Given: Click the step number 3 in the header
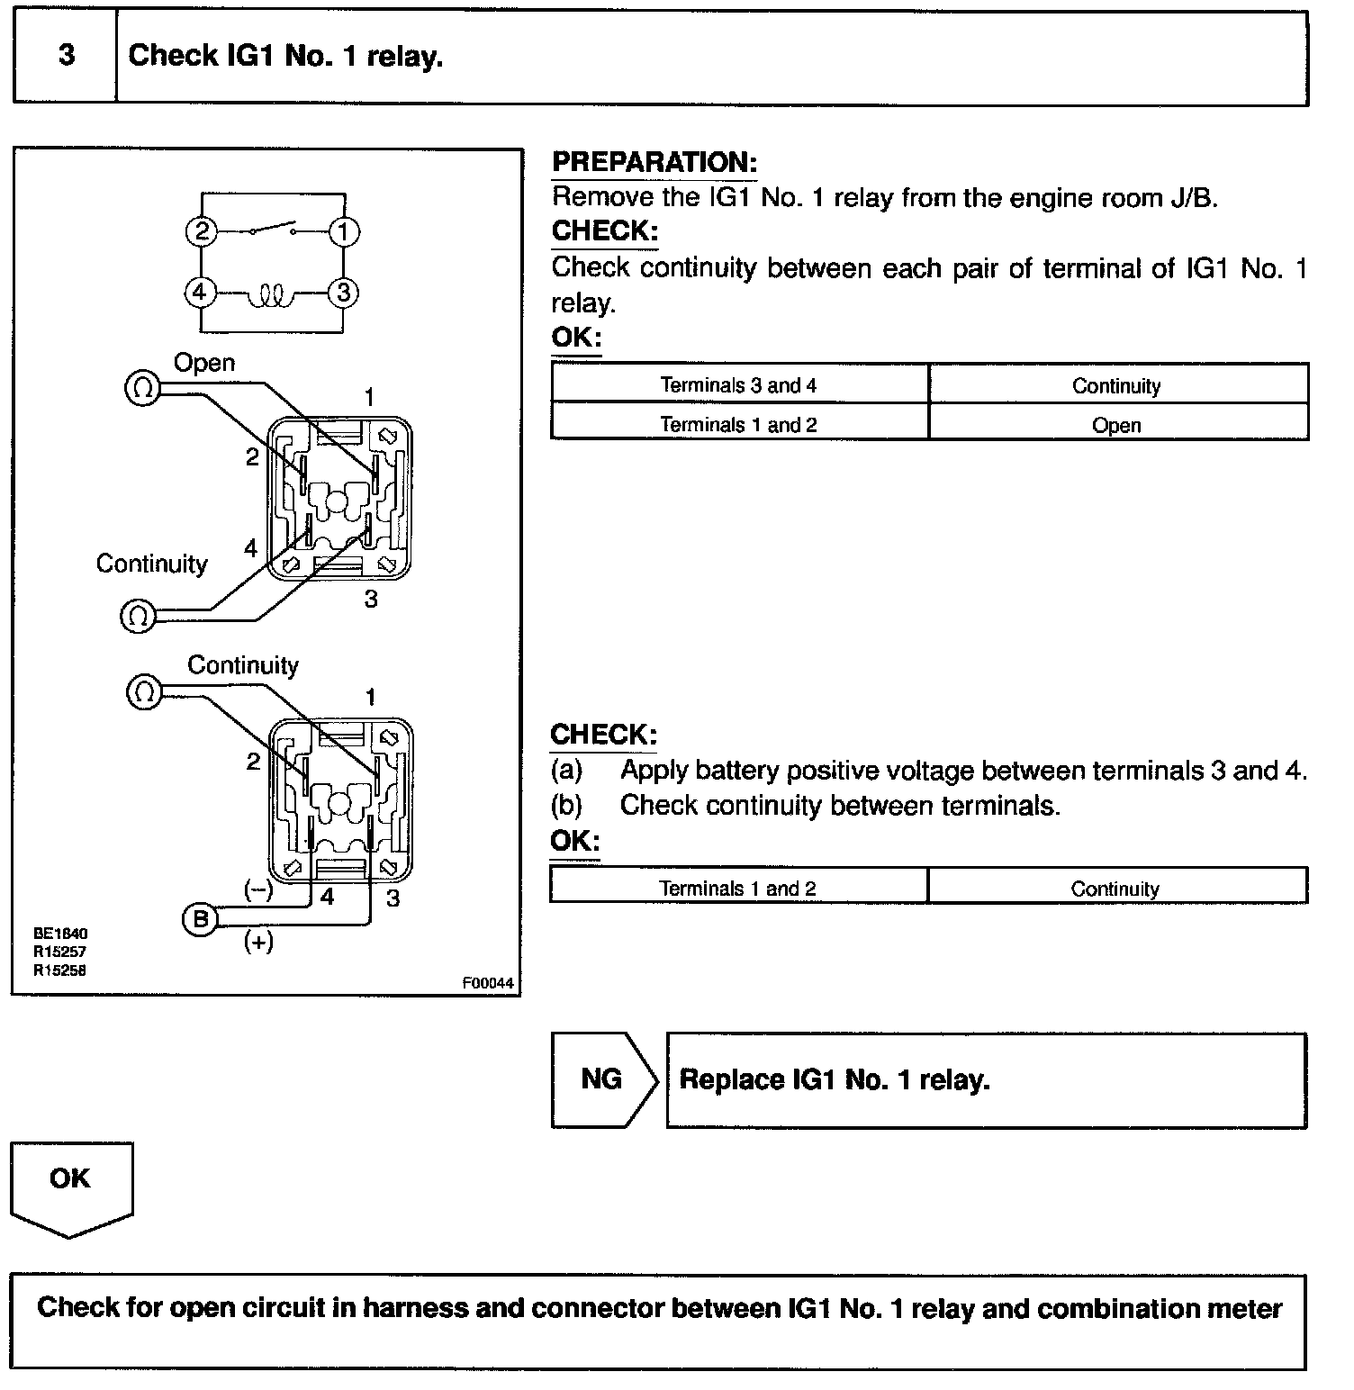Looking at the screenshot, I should (67, 56).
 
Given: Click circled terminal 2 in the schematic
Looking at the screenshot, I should (202, 232).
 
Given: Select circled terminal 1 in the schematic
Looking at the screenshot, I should (343, 232).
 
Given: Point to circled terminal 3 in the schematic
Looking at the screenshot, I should (343, 293).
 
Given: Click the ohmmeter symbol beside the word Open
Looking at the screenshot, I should (141, 389).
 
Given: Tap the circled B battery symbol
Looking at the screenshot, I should (200, 919).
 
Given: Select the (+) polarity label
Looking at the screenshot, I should (258, 942).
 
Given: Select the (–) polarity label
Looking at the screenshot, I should (258, 889).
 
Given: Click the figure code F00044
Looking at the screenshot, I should (487, 983).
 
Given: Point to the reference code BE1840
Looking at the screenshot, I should (60, 934).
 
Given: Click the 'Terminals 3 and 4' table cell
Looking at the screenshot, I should (738, 385).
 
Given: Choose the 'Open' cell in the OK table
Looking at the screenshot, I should (1116, 425).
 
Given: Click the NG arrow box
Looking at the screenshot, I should (601, 1079).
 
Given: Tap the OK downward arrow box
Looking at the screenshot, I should (70, 1179).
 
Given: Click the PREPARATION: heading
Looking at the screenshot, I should (654, 162).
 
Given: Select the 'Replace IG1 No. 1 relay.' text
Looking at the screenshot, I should (835, 1079).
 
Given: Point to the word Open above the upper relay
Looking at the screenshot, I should (204, 363).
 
